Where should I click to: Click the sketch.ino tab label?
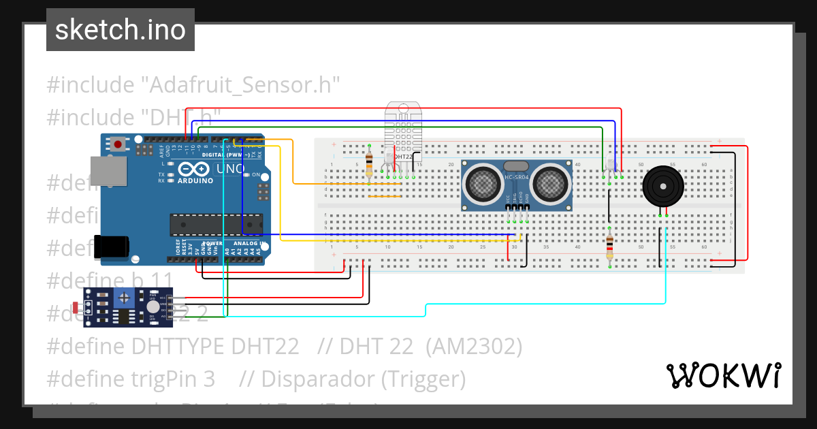click(121, 30)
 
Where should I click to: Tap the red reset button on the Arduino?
click(118, 144)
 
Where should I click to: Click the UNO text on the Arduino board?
click(230, 169)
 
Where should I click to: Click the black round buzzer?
click(662, 185)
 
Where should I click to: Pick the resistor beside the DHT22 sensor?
click(369, 163)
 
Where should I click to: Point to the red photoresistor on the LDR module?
click(74, 308)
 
